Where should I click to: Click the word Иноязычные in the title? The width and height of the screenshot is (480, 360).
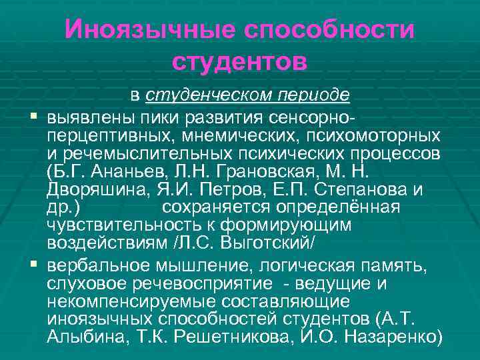pos(151,30)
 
